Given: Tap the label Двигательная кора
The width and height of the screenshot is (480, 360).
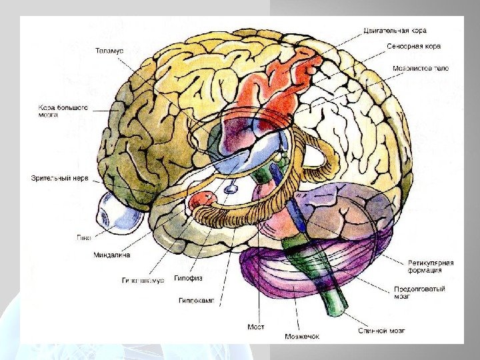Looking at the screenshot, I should pos(395,30).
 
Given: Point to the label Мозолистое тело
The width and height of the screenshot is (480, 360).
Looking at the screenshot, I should pos(420,67).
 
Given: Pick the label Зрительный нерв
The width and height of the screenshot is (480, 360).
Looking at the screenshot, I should pos(59,178).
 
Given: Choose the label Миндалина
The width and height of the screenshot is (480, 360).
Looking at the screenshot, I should pos(112,255).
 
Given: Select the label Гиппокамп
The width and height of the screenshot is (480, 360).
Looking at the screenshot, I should pos(196,301).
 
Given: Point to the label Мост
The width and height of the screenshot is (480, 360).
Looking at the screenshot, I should pos(255,327).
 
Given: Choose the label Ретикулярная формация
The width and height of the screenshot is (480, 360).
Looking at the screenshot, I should pos(431,267).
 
